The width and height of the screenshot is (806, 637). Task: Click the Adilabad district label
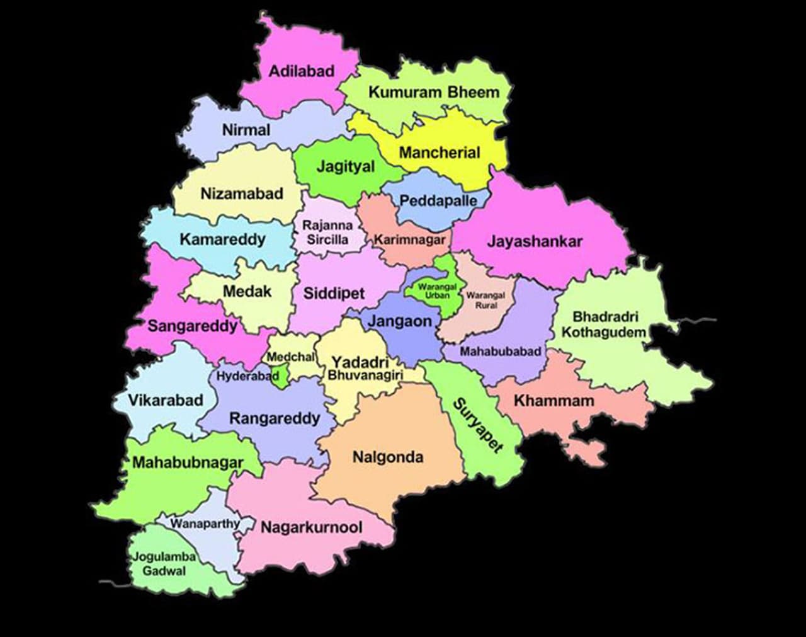coord(301,71)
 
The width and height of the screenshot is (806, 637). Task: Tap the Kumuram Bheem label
coord(433,92)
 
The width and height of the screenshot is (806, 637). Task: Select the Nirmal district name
coord(246,130)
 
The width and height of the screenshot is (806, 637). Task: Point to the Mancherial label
coord(440,152)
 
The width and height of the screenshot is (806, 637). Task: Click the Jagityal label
coord(345,167)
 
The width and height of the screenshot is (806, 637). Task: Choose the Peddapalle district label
coord(439,201)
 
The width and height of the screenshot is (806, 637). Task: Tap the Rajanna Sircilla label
coord(327,232)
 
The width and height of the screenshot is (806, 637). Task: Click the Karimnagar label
coord(410,240)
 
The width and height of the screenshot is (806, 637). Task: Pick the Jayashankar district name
coord(535,241)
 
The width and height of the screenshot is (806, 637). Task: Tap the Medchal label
coord(290,357)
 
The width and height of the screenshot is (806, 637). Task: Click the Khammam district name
coord(553,401)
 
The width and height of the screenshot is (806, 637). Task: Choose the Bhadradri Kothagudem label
coord(603,324)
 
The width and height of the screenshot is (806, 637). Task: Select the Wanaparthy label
coord(205,524)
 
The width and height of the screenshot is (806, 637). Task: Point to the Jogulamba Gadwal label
coord(163,564)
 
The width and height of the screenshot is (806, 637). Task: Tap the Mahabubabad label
coord(500,352)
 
